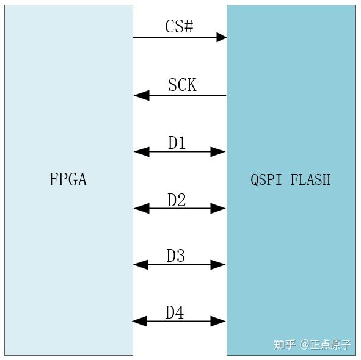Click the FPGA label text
(68, 179)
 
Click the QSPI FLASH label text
(290, 179)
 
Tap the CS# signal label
(179, 27)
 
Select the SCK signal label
(182, 85)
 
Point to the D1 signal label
(177, 143)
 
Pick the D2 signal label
(177, 200)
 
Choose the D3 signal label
(176, 256)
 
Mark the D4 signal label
(175, 312)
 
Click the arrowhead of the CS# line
(220, 37)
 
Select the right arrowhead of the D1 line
(219, 152)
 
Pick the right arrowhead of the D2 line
(219, 208)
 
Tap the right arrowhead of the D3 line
(219, 264)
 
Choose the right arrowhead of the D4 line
(219, 321)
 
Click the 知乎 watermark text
(285, 345)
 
